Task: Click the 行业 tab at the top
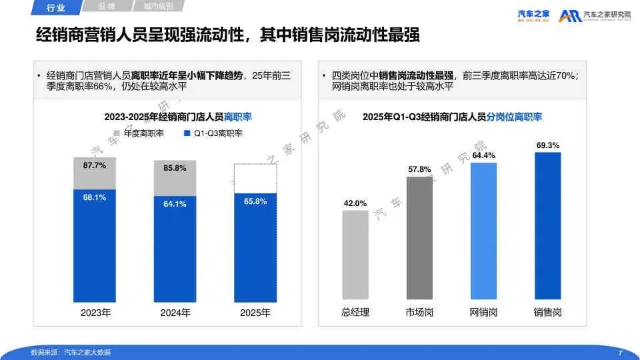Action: [x=57, y=8]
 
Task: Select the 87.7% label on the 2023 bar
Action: [x=95, y=165]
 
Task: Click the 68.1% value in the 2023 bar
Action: [x=95, y=197]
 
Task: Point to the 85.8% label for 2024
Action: [x=175, y=168]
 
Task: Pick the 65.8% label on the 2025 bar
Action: [x=255, y=201]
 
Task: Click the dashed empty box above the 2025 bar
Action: [x=255, y=180]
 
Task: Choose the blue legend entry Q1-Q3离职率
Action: [x=212, y=133]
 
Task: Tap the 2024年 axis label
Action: [x=175, y=312]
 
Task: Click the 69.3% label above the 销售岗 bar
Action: [x=547, y=145]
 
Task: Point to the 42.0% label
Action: [x=355, y=203]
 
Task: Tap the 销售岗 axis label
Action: [x=547, y=312]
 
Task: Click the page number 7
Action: [x=620, y=353]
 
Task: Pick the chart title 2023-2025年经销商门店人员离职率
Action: [x=178, y=117]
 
